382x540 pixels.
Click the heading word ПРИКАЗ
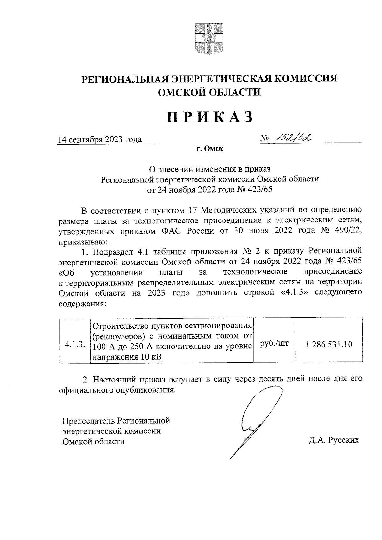209,116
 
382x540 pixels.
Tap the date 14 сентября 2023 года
100,140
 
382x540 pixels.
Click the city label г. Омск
210,149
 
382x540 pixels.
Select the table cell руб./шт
274,343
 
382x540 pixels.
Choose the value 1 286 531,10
329,344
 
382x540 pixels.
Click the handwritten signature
251,420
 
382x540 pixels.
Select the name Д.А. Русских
334,440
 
